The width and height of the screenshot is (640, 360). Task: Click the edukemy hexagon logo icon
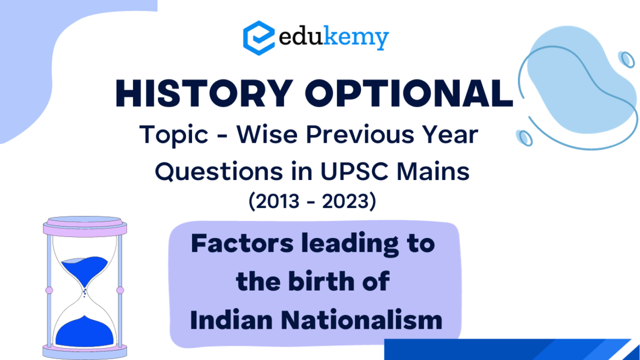(259, 38)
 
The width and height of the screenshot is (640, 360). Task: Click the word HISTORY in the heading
(204, 94)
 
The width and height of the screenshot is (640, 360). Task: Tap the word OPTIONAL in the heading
(409, 94)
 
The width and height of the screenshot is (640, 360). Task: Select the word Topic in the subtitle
(174, 135)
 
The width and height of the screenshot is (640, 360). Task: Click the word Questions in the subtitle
(219, 172)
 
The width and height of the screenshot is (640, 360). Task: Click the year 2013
(277, 201)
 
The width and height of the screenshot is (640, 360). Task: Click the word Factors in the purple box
(242, 243)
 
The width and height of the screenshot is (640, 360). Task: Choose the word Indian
(231, 320)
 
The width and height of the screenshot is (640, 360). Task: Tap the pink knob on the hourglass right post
(120, 290)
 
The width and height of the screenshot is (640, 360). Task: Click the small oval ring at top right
(626, 59)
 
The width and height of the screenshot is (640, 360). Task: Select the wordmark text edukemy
(334, 38)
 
